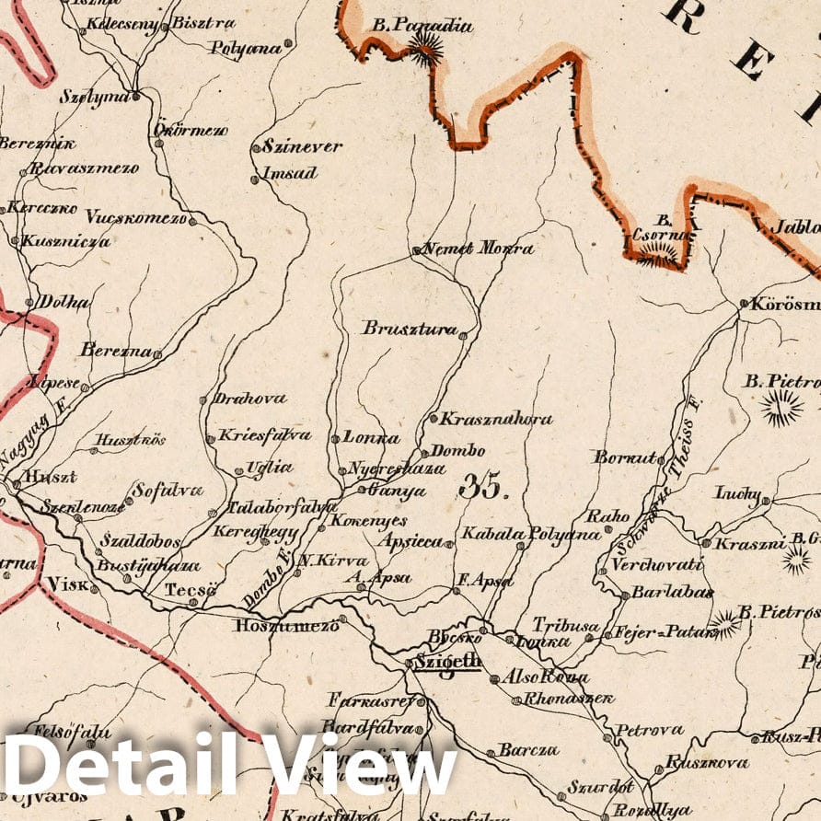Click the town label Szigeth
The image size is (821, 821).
point(446,661)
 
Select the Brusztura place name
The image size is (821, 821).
point(410,328)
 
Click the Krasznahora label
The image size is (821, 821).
point(495,419)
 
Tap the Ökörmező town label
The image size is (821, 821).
point(190,130)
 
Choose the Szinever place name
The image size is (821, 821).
point(302,145)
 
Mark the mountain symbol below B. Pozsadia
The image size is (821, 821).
point(424,50)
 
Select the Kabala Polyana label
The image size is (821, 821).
point(531,534)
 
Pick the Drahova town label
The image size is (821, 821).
point(249,399)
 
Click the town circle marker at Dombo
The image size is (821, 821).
point(423,453)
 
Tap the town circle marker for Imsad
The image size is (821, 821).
point(255,179)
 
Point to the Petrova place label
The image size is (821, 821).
point(650,730)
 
